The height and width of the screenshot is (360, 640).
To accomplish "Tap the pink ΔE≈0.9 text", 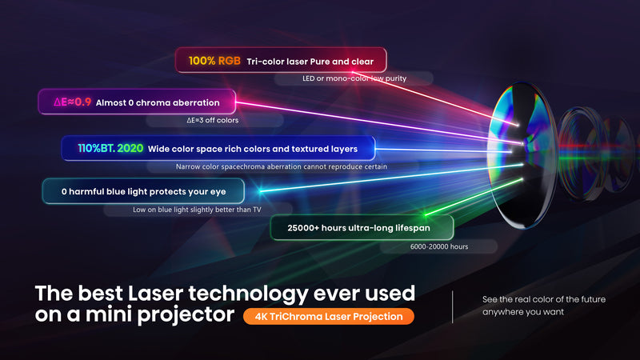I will pyautogui.click(x=72, y=102).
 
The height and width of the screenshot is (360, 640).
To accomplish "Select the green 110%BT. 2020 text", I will pyautogui.click(x=110, y=148).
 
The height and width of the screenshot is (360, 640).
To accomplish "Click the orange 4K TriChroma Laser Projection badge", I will pyautogui.click(x=329, y=316).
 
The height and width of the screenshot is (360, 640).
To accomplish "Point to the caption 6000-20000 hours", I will pyautogui.click(x=436, y=246).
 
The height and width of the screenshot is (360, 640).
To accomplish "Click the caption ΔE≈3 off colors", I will pyautogui.click(x=207, y=120).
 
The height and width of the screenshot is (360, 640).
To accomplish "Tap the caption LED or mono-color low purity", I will pyautogui.click(x=352, y=78).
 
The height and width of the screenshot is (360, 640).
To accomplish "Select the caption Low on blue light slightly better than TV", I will pyautogui.click(x=198, y=210).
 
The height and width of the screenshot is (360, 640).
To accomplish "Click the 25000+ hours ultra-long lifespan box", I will pyautogui.click(x=362, y=228).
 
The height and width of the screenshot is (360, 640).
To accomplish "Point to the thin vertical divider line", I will pyautogui.click(x=453, y=306).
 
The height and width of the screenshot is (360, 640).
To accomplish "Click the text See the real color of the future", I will pyautogui.click(x=544, y=299).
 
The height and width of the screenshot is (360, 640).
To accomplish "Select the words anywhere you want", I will pyautogui.click(x=523, y=312).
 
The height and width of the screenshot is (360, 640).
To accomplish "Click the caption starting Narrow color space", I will pyautogui.click(x=282, y=166).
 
